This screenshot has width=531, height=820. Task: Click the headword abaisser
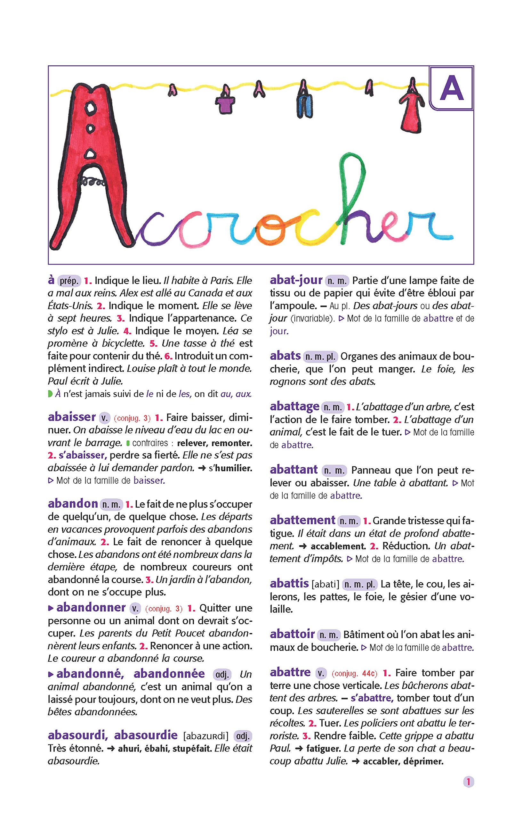point(72,417)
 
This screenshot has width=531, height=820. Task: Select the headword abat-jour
point(296,280)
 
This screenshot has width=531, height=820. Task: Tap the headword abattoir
point(292,634)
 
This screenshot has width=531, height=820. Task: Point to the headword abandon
point(73,504)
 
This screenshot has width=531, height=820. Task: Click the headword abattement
point(302,520)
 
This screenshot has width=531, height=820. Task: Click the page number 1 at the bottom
point(468,782)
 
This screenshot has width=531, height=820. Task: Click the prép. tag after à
point(69,281)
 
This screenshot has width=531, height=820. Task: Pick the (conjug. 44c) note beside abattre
point(354,673)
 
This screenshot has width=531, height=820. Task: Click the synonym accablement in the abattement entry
point(338,546)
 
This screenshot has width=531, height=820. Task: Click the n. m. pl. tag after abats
point(320,357)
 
